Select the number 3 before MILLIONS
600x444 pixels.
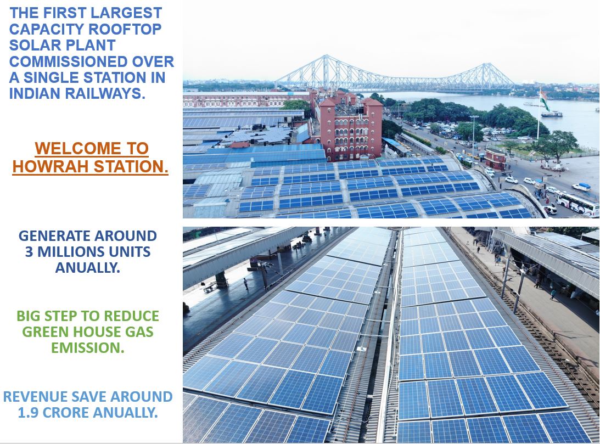[29, 252]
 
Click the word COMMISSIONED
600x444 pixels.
[69, 61]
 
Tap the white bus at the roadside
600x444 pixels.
[577, 204]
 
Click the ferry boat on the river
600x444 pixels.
[551, 114]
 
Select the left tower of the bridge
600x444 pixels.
[326, 72]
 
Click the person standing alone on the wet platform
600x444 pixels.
[246, 284]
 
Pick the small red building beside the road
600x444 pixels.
[496, 159]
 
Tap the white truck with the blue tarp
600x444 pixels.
[581, 187]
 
